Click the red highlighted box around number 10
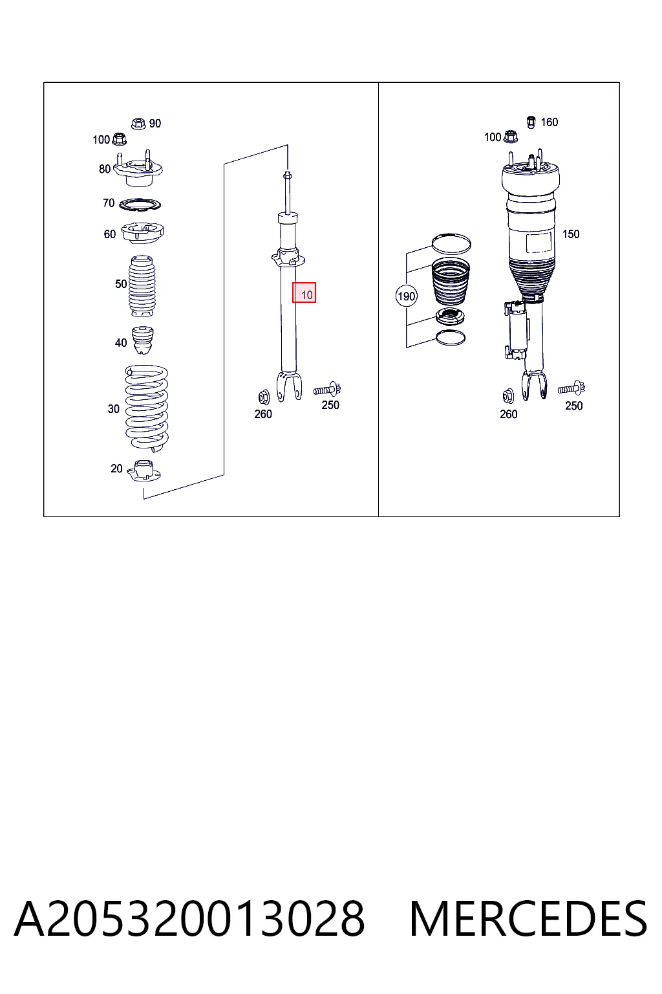[x=304, y=293]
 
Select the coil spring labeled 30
[x=147, y=408]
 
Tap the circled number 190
[x=406, y=296]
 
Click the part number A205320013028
[x=189, y=918]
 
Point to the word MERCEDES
[x=528, y=918]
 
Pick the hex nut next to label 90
[x=139, y=124]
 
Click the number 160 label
[x=550, y=122]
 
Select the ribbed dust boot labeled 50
[x=142, y=286]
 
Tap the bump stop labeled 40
[x=143, y=340]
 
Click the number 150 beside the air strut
[x=571, y=234]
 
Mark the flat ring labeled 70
[x=140, y=204]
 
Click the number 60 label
[x=109, y=234]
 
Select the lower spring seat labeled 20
[x=144, y=471]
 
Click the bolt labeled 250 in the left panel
[x=327, y=389]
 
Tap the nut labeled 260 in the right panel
[x=508, y=395]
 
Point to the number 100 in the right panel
[x=492, y=137]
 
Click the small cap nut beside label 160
[x=531, y=122]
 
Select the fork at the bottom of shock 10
[x=289, y=386]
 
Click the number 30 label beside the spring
[x=114, y=409]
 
